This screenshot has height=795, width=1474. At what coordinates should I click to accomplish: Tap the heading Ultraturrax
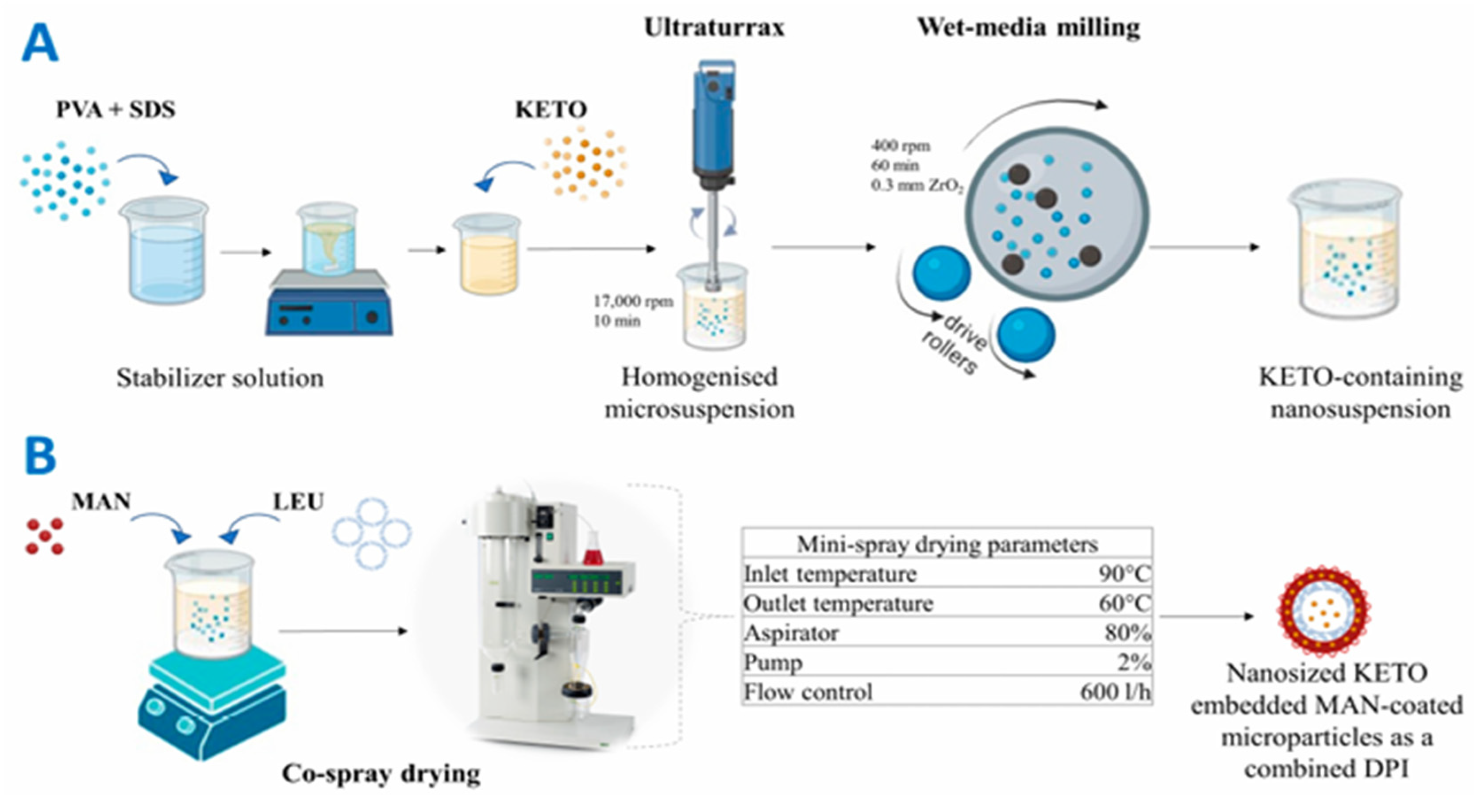(x=714, y=27)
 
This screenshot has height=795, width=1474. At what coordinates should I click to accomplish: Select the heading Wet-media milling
(x=1028, y=27)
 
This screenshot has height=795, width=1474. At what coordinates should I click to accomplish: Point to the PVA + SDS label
(x=115, y=109)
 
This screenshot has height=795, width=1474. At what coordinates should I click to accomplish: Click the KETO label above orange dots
(x=551, y=109)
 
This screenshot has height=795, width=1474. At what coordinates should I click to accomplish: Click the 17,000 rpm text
(x=633, y=301)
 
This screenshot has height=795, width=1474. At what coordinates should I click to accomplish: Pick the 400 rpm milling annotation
(x=901, y=146)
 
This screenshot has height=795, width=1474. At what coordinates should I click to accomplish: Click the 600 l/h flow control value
(x=1115, y=692)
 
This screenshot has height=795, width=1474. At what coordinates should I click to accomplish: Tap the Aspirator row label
(x=791, y=633)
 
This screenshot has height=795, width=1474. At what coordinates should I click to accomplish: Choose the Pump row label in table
(x=773, y=663)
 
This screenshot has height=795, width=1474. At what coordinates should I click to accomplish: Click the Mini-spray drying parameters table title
(x=947, y=544)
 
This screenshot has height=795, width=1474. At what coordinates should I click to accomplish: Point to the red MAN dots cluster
(x=45, y=536)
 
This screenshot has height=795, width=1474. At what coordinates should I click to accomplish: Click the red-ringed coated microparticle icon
(x=1324, y=611)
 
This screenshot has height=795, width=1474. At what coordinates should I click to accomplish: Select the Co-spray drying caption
(x=381, y=773)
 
